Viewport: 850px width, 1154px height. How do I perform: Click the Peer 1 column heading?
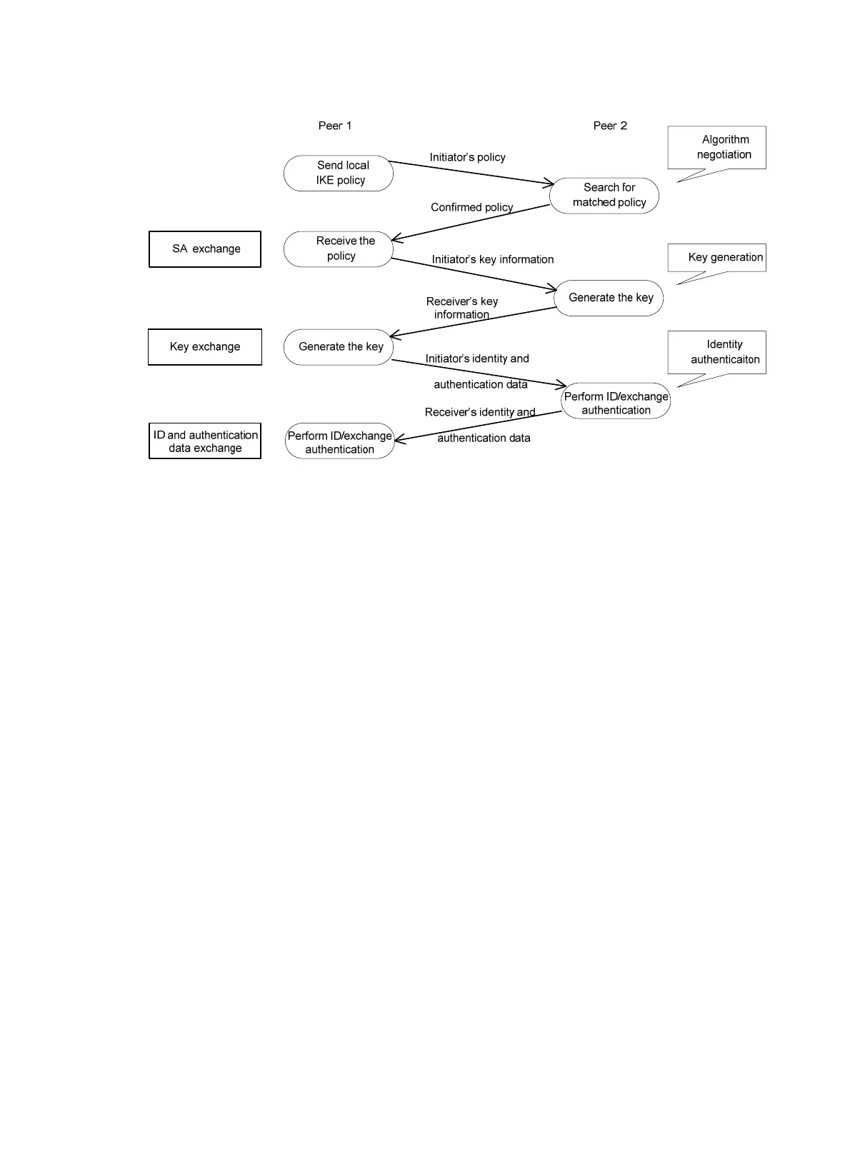(334, 126)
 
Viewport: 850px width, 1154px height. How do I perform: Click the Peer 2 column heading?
(610, 126)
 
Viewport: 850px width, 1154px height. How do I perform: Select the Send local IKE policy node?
(339, 173)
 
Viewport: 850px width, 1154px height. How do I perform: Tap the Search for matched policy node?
(604, 195)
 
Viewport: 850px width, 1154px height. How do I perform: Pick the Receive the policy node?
(339, 249)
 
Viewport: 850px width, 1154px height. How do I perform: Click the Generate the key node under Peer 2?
(609, 298)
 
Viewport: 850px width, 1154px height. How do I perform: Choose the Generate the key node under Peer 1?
(339, 347)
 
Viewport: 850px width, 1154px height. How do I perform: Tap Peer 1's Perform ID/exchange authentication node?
(340, 441)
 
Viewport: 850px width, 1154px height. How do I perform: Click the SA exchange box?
(205, 249)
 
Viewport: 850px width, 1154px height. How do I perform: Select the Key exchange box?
(205, 347)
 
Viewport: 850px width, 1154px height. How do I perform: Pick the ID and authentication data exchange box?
(205, 441)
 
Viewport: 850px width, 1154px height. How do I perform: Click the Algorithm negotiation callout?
(717, 148)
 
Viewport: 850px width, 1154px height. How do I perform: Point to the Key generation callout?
(717, 258)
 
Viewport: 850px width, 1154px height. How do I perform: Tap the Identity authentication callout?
(717, 352)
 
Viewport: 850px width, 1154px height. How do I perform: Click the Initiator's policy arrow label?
(467, 157)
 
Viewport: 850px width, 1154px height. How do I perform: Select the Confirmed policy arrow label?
(471, 207)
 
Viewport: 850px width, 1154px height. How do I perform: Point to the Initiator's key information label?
(492, 259)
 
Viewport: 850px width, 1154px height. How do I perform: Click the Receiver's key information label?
(461, 308)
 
